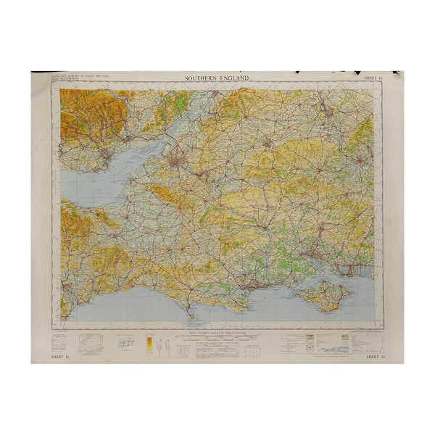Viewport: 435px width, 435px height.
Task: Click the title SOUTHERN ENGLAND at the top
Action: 217,78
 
